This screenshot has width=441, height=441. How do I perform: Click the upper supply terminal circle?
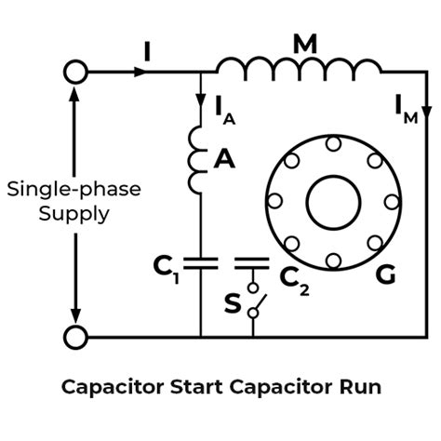[73, 71]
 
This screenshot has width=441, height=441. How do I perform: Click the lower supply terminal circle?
[73, 336]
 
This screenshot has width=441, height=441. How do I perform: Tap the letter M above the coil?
[304, 42]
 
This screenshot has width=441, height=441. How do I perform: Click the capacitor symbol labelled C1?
[200, 263]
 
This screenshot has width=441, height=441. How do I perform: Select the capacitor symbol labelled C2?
[252, 263]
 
